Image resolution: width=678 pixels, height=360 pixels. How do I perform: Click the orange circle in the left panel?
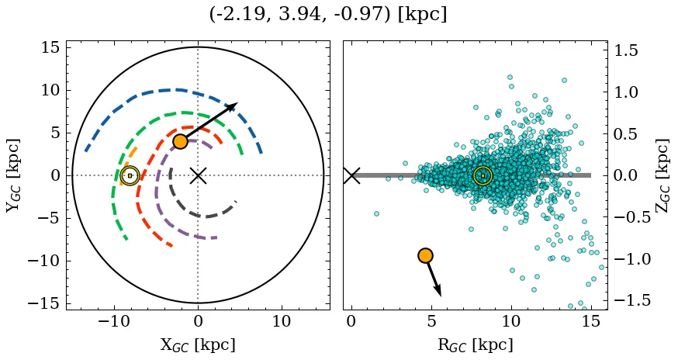[180, 141]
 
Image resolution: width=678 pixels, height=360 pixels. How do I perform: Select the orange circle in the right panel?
[425, 255]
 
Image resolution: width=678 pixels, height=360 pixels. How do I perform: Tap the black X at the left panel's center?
[198, 175]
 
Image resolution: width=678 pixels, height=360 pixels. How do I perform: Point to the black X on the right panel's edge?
[351, 175]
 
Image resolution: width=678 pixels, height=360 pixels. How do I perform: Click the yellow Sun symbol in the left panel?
[130, 176]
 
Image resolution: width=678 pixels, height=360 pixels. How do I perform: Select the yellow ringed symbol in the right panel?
[483, 176]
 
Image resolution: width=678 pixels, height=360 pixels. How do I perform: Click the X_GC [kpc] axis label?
[198, 344]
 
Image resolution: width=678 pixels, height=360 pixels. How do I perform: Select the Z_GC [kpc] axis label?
[662, 175]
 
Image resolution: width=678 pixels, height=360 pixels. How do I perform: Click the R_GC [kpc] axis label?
[476, 344]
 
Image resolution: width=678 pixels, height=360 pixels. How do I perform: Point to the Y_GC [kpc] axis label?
[13, 175]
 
